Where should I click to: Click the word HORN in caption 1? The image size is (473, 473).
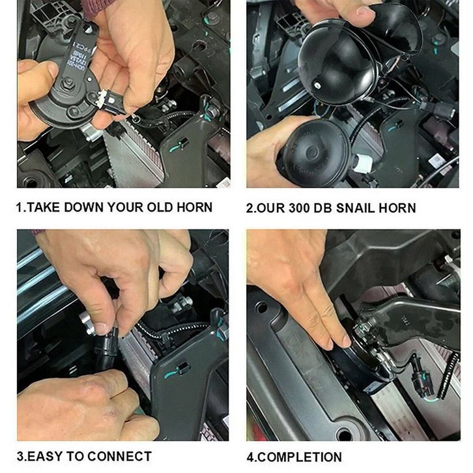point(195,207)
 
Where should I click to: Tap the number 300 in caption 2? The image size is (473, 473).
point(298,208)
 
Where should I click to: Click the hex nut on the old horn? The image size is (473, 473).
point(68,82)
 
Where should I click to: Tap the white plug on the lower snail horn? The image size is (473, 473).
point(363,164)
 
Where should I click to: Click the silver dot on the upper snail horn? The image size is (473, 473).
point(317,85)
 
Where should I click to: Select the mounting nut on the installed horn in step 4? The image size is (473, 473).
point(363,326)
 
